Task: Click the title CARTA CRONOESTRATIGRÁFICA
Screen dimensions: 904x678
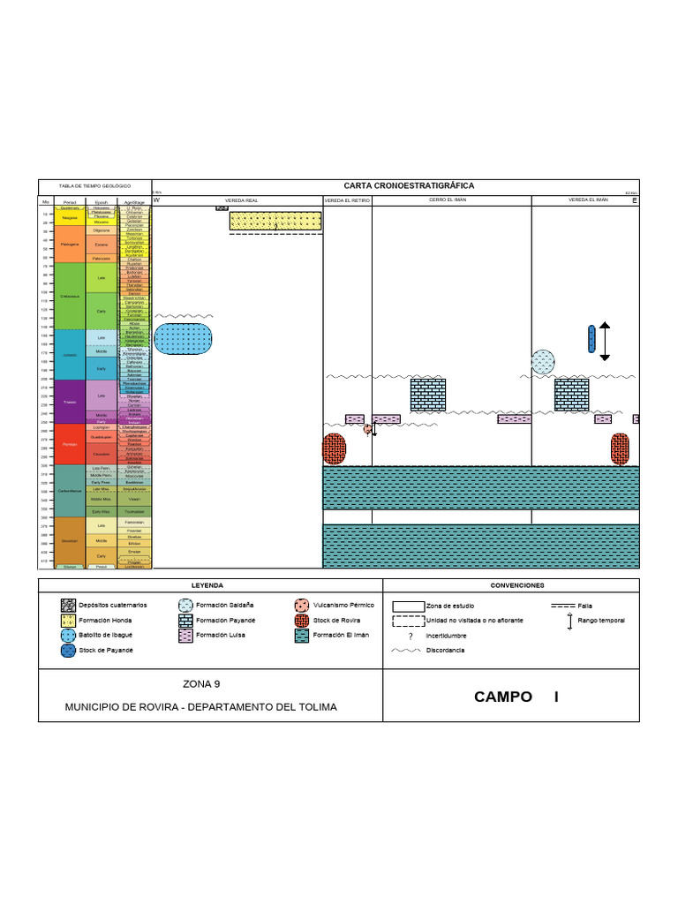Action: (409, 185)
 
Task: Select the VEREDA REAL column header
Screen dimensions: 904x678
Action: (240, 201)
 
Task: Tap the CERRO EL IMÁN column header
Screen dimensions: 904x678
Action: (448, 201)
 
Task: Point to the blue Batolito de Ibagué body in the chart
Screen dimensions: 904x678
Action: (184, 339)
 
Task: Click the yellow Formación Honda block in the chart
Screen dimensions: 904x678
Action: (275, 221)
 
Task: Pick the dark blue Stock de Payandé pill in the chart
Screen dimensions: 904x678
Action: (591, 338)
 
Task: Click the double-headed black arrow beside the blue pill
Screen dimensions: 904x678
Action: (605, 341)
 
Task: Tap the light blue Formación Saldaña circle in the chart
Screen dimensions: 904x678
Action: (543, 362)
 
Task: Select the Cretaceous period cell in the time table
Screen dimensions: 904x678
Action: (70, 297)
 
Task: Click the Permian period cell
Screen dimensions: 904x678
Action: (70, 444)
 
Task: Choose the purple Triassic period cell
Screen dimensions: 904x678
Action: (70, 401)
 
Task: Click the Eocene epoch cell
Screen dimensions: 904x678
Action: (102, 245)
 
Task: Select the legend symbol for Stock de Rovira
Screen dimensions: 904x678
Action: (303, 620)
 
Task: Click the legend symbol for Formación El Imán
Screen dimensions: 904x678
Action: (303, 635)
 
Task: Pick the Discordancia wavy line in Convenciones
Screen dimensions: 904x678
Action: (406, 651)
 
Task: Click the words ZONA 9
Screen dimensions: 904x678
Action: (200, 683)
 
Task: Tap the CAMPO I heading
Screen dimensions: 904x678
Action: (516, 697)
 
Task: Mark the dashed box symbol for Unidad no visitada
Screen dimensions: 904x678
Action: (407, 621)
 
